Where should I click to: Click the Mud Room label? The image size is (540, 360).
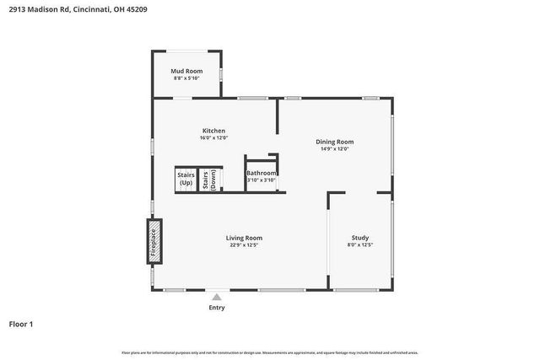point(186,71)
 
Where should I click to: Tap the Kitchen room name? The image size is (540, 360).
point(213,131)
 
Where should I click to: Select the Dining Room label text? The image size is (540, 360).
point(334,142)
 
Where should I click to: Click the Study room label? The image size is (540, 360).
point(359,238)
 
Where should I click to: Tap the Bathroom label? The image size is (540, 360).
point(262,173)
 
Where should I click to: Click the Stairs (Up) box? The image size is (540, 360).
point(186,180)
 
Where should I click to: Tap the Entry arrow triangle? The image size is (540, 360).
point(217,296)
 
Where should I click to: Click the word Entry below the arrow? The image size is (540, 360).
point(217,307)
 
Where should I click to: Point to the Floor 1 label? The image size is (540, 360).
point(22,324)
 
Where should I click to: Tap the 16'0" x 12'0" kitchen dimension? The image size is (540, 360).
point(213,138)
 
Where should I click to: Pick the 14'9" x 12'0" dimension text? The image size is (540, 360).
point(334,149)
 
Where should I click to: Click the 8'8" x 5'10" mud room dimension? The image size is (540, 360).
point(186,78)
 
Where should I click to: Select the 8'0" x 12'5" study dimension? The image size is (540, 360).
point(359,245)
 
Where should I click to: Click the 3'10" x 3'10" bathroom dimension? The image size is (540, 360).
point(262,180)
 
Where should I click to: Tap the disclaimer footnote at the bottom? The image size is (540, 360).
point(270,352)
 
